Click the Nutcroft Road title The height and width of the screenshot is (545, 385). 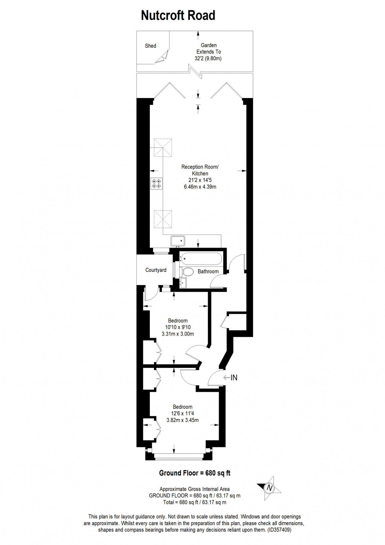(178, 15)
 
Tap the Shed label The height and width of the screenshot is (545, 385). (150, 46)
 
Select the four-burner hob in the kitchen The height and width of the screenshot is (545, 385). (156, 183)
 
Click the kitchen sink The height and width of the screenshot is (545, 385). (178, 241)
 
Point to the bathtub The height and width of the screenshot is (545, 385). (201, 259)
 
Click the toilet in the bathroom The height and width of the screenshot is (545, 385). (187, 272)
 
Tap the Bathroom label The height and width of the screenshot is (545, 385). (208, 271)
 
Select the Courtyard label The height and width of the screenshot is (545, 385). (156, 270)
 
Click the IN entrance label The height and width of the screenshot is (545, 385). (234, 377)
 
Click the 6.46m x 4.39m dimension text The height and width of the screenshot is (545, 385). (200, 187)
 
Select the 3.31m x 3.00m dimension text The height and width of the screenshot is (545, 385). (178, 334)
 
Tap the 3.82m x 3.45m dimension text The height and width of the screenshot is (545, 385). (183, 420)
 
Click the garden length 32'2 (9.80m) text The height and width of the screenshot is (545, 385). (208, 58)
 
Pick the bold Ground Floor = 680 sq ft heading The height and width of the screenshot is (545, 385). (195, 473)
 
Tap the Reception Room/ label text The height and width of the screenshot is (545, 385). (200, 167)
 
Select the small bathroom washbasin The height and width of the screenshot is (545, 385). (183, 283)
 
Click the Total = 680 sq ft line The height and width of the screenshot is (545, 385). (195, 502)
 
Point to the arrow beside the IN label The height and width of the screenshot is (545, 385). (226, 377)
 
